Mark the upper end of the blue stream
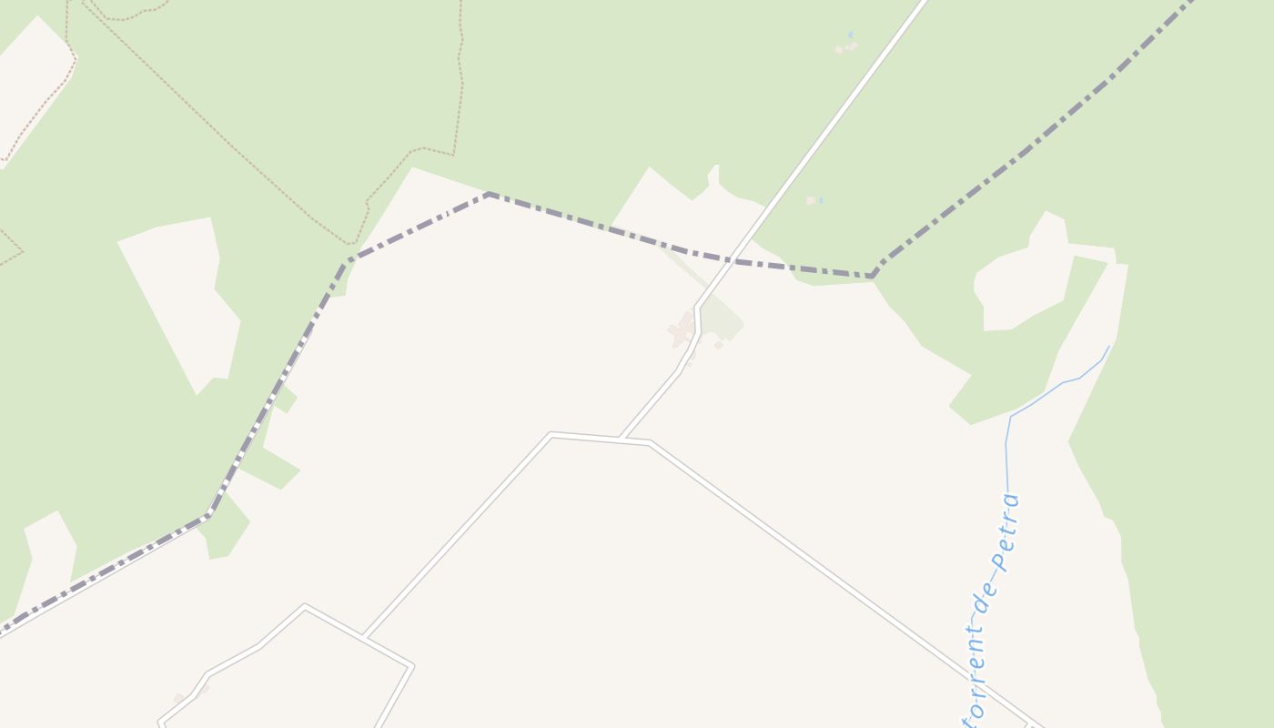point(1109,346)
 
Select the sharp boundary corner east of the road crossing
point(872,276)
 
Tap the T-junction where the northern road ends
point(620,439)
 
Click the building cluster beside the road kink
point(682,329)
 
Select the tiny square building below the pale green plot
point(718,345)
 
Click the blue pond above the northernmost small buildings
point(851,35)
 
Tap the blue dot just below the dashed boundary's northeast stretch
point(820,200)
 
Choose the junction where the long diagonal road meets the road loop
point(364,635)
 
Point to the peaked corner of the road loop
point(305,605)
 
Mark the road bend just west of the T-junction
point(551,434)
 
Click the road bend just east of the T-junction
point(650,443)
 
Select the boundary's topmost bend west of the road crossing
point(489,194)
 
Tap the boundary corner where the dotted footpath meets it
point(349,261)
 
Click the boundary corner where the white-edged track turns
point(209,515)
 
